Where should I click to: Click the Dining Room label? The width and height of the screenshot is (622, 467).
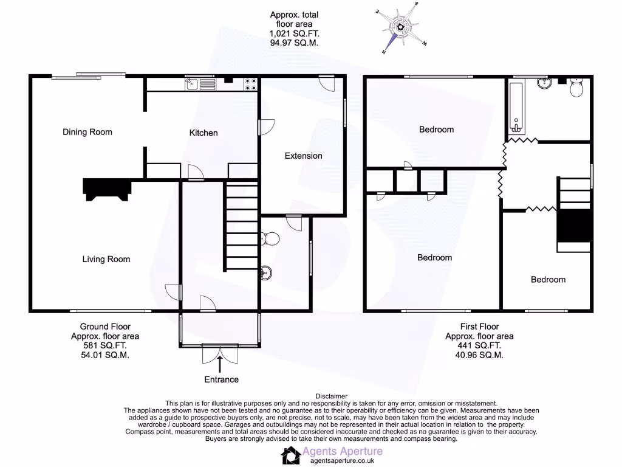coord(87,132)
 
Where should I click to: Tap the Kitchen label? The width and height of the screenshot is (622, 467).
coord(203,133)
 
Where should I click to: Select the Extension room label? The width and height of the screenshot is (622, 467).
coord(303,156)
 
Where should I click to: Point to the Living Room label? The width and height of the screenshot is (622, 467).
coord(106,259)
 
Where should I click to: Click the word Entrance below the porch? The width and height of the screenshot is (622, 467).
coord(221,379)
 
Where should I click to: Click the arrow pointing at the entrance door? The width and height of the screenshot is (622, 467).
coord(220,362)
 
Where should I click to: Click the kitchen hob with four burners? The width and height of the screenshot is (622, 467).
coord(249,84)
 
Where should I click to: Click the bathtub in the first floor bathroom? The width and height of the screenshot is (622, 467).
coord(516,108)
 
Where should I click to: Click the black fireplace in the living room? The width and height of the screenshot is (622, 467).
coord(107,189)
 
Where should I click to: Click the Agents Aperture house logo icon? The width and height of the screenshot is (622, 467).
coord(290,454)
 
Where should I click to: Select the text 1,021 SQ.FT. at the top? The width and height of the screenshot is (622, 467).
coord(294,34)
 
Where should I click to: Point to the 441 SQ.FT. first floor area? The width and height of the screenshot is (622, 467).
coord(479,346)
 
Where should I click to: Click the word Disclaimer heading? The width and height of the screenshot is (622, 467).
coord(331,396)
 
